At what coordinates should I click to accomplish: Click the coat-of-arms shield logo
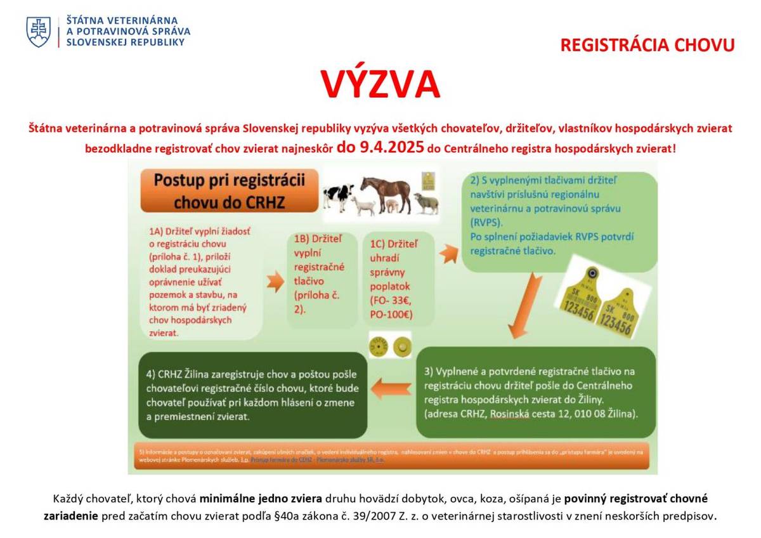pyautogui.click(x=38, y=32)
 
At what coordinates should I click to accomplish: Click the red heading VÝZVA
pyautogui.click(x=380, y=84)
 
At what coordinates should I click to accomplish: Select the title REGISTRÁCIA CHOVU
pyautogui.click(x=647, y=45)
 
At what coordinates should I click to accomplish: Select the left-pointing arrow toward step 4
pyautogui.click(x=391, y=388)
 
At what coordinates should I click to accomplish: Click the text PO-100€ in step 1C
pyautogui.click(x=391, y=313)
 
